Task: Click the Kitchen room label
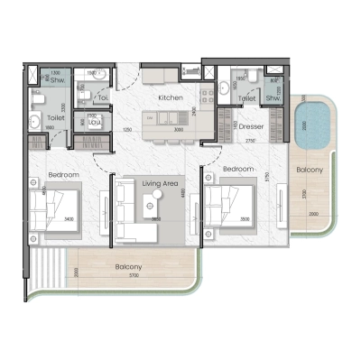(171, 97)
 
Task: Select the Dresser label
(252, 127)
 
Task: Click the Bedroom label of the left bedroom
(63, 173)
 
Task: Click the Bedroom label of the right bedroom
(238, 169)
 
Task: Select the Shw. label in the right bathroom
(270, 98)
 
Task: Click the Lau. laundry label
(91, 122)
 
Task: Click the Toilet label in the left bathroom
(54, 117)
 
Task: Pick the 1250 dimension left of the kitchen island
(129, 130)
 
